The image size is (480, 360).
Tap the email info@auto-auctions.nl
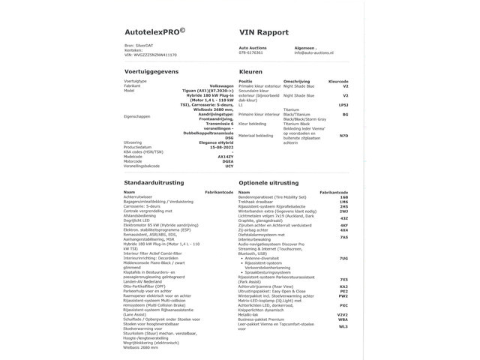click(x=316, y=52)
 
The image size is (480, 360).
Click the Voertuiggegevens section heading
click(x=153, y=71)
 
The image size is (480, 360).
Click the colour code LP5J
click(x=343, y=106)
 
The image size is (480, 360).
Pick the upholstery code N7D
click(x=344, y=136)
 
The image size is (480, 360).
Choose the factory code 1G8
click(x=343, y=197)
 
